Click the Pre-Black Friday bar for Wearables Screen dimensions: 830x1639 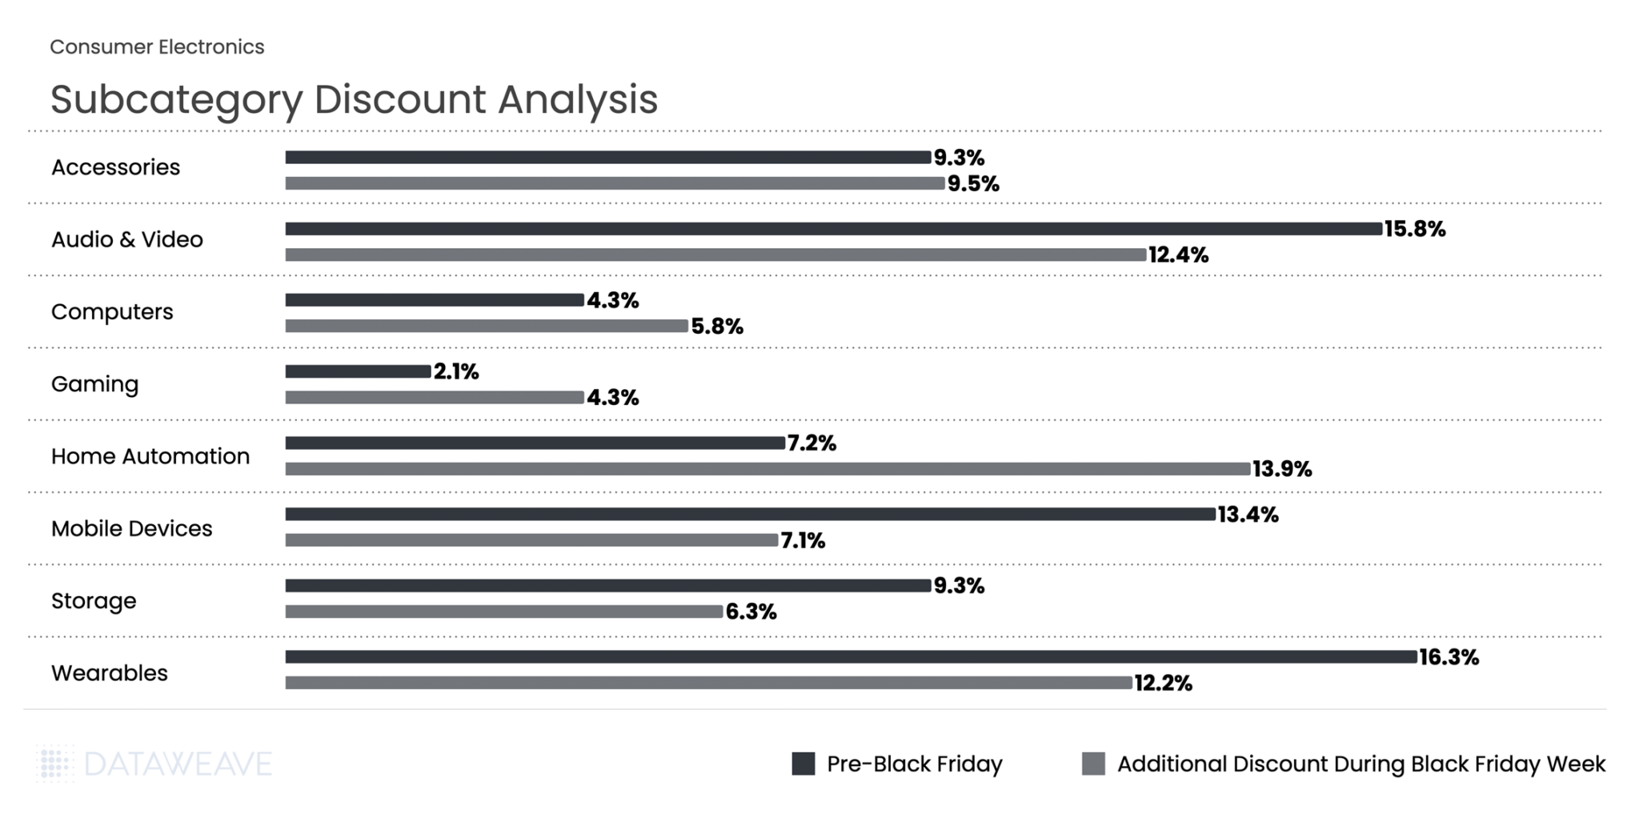click(x=851, y=657)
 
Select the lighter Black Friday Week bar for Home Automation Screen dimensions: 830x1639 click(x=767, y=469)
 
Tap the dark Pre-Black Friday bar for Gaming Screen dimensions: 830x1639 click(x=358, y=371)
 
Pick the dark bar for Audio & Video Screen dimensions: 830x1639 click(x=833, y=229)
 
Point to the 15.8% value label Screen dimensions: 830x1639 click(x=1415, y=230)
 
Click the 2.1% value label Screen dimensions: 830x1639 click(x=456, y=371)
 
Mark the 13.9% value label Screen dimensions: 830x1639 click(x=1282, y=469)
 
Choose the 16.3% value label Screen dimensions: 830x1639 click(x=1449, y=658)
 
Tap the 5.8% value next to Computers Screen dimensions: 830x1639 click(x=717, y=327)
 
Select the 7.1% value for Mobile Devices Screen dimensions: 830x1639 click(x=803, y=541)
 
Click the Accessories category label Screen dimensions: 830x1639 click(x=116, y=167)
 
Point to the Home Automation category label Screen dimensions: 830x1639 click(x=150, y=456)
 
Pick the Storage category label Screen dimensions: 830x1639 click(x=94, y=601)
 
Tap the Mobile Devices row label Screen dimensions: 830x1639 click(x=132, y=529)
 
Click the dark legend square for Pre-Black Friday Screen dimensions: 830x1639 click(x=803, y=764)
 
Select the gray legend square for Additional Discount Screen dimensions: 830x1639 click(x=1093, y=764)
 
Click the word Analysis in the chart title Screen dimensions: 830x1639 click(x=578, y=100)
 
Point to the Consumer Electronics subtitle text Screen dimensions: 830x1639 click(x=157, y=47)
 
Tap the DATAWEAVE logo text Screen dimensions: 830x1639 click(x=178, y=764)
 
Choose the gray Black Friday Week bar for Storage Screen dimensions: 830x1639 click(x=504, y=612)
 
